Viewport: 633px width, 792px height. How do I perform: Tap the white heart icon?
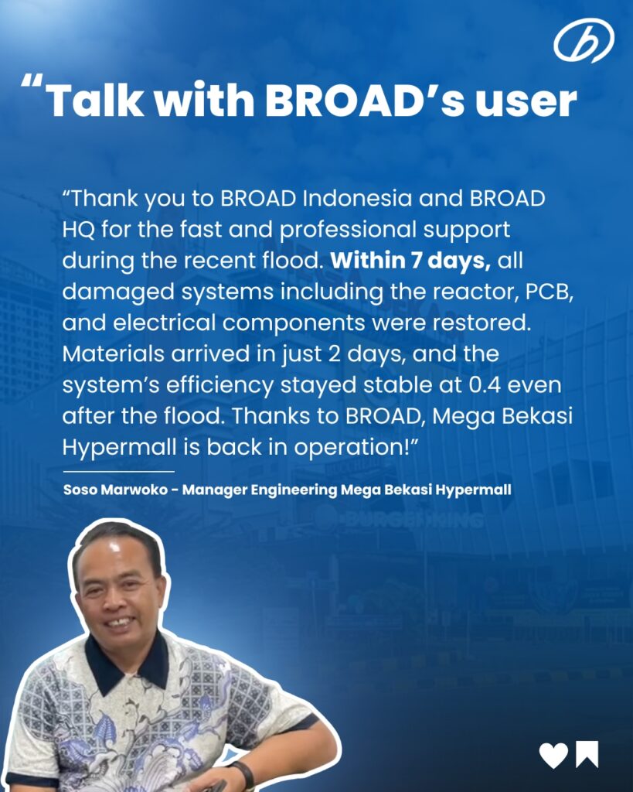coord(553,755)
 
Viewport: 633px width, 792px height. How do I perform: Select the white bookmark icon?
coord(587,754)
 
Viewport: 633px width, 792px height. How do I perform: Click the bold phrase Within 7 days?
coord(410,260)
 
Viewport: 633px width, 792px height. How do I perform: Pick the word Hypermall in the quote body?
coord(119,449)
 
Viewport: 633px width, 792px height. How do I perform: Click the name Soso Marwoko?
coord(115,490)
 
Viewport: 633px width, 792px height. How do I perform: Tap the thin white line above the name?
coord(118,471)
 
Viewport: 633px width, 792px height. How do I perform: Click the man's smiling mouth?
coord(120,623)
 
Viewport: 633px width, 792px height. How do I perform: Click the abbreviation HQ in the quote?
coord(78,230)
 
